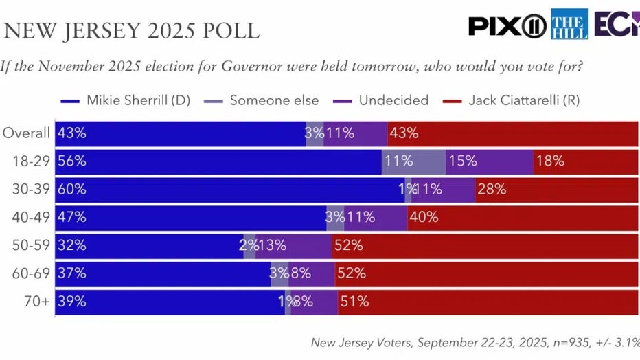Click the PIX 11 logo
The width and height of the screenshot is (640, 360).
pos(507,25)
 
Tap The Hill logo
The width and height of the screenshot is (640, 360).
pos(569,25)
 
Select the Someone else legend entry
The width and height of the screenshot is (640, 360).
pos(265,100)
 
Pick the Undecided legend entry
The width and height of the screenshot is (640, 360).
pos(384,100)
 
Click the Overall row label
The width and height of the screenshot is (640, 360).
pos(27,133)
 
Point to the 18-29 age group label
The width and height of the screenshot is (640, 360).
pos(32,161)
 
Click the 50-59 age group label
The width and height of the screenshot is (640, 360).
pos(32,245)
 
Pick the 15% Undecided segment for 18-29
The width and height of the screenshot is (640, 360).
pos(490,161)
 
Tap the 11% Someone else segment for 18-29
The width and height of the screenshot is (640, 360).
pos(413,161)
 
